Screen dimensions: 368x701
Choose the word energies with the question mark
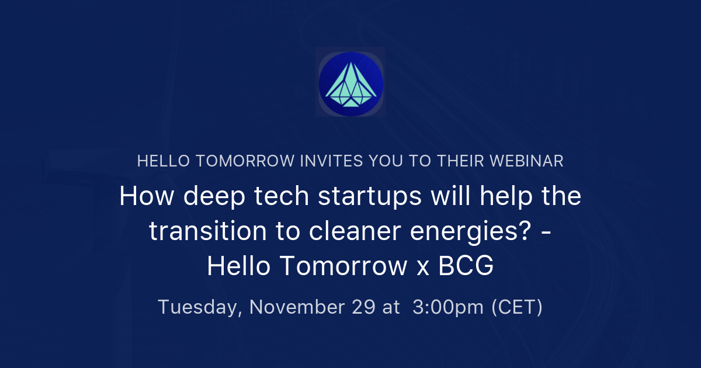tap(479, 231)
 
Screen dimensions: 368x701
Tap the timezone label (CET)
tap(517, 307)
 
